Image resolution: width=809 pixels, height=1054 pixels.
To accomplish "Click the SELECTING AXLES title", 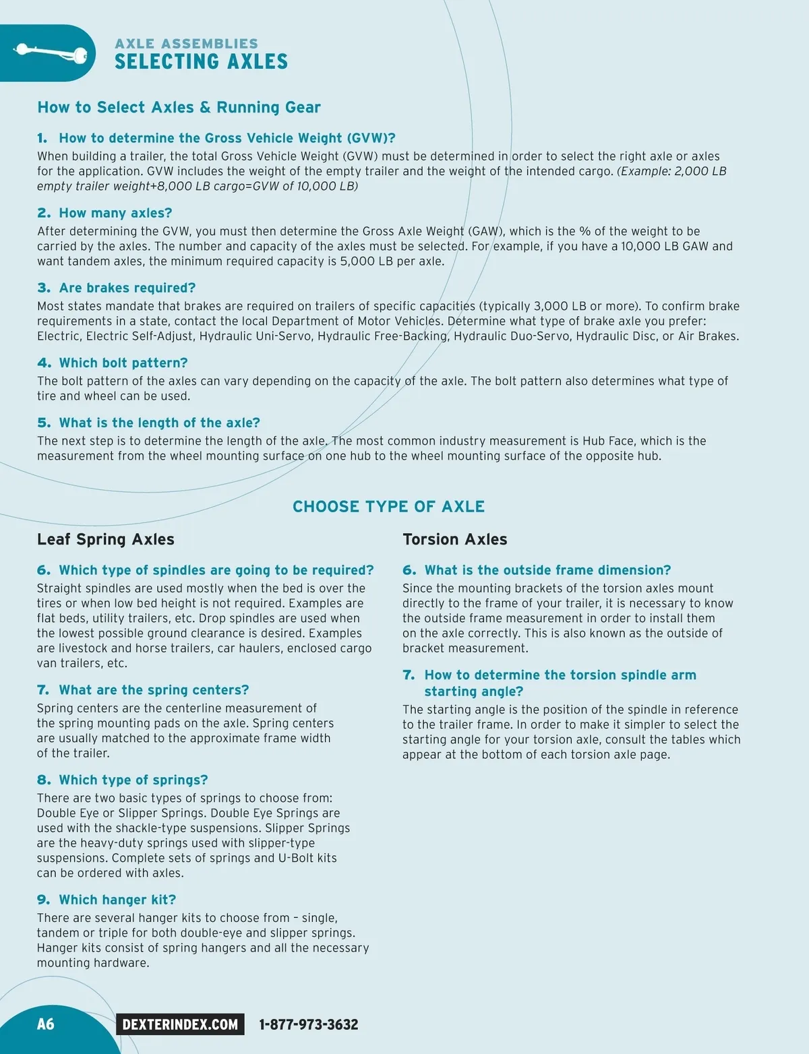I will tap(201, 62).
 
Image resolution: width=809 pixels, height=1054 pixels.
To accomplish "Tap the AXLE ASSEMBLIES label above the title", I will tap(186, 43).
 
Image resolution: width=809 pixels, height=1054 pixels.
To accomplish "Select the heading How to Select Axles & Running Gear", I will tap(179, 107).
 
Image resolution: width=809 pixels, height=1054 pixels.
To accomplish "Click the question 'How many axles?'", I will tap(115, 213).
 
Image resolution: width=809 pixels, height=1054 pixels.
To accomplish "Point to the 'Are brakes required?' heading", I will tap(127, 288).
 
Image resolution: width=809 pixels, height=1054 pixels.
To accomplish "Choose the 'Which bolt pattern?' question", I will tap(123, 363).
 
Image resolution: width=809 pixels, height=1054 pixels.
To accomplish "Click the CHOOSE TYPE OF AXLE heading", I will tap(388, 507).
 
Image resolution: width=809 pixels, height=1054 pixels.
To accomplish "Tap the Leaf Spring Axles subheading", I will tap(106, 539).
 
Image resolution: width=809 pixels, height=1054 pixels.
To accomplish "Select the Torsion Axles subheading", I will tap(455, 539).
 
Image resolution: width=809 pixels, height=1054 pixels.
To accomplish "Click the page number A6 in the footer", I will tap(45, 1024).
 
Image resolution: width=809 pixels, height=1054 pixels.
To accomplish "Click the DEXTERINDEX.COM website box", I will tap(180, 1024).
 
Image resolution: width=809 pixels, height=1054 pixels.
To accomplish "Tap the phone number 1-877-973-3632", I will tap(309, 1024).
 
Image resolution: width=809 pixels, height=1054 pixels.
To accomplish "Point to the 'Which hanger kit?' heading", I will tap(117, 900).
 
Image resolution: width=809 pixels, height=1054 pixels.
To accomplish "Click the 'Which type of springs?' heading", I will tap(133, 780).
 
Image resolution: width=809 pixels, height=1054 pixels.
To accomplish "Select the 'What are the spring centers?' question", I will tap(154, 690).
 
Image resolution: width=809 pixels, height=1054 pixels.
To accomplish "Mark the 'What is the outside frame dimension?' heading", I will tap(547, 570).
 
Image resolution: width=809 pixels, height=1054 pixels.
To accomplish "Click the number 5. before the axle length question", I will tap(44, 423).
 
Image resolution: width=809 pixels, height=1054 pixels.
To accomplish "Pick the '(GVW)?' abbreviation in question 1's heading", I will tap(371, 138).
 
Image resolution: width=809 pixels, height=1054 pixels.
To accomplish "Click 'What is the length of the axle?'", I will tap(159, 423).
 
